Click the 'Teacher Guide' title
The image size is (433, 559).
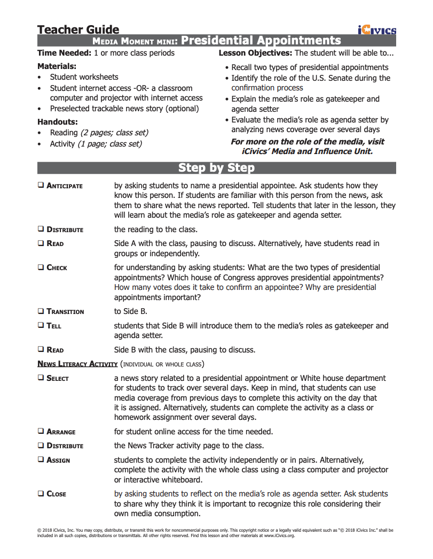click(78, 29)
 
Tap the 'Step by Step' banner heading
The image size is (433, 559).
click(216, 168)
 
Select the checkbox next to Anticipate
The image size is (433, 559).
click(41, 185)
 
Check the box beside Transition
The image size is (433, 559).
click(41, 311)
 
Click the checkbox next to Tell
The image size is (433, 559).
click(41, 325)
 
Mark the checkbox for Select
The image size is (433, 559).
click(41, 378)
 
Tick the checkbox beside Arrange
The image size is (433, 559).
click(41, 431)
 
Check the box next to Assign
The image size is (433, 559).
click(41, 460)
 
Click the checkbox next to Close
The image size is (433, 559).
click(41, 493)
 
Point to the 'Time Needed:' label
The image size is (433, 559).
click(64, 53)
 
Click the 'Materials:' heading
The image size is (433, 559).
click(57, 66)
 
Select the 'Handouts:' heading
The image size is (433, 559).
click(57, 121)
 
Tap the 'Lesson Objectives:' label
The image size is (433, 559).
click(255, 53)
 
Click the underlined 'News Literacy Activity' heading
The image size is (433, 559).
click(77, 364)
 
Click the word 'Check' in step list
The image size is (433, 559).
click(57, 267)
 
